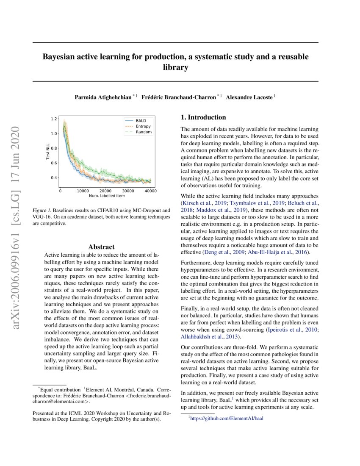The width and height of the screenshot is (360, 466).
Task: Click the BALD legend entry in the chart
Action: [141, 121]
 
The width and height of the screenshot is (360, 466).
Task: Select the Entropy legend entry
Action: [143, 126]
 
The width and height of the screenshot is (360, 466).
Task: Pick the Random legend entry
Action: [143, 132]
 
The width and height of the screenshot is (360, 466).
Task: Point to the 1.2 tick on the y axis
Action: [54, 119]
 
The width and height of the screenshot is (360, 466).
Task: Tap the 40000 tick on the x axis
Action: [150, 191]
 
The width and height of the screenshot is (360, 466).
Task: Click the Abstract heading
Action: [101, 247]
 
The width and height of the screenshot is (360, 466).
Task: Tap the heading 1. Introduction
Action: [203, 117]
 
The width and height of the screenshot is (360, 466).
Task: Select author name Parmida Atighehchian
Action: [103, 97]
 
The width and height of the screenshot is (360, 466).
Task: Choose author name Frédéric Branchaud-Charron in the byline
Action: [178, 97]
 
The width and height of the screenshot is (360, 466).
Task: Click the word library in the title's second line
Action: [175, 67]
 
